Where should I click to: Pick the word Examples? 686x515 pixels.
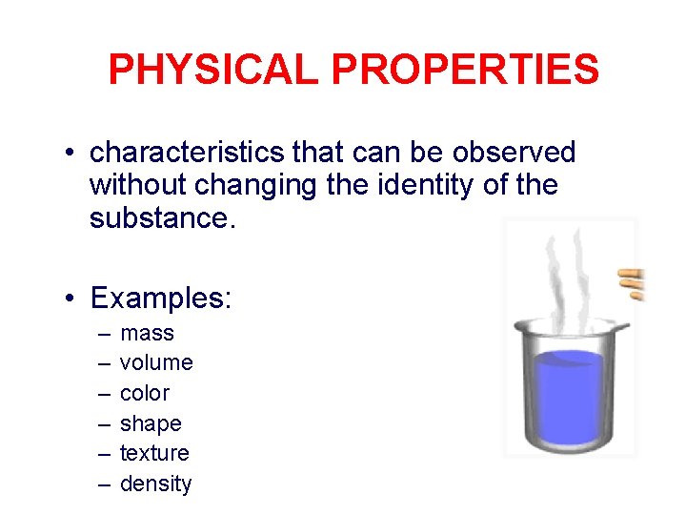[160, 299]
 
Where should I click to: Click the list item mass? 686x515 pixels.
[147, 333]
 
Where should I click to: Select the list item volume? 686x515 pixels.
[156, 362]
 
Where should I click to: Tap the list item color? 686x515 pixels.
[145, 393]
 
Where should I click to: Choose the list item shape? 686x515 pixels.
[151, 423]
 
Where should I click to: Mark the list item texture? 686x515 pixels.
[154, 453]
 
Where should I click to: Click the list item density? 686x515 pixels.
[155, 484]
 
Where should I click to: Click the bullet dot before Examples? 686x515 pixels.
[71, 299]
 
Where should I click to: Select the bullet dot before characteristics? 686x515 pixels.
[71, 154]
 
